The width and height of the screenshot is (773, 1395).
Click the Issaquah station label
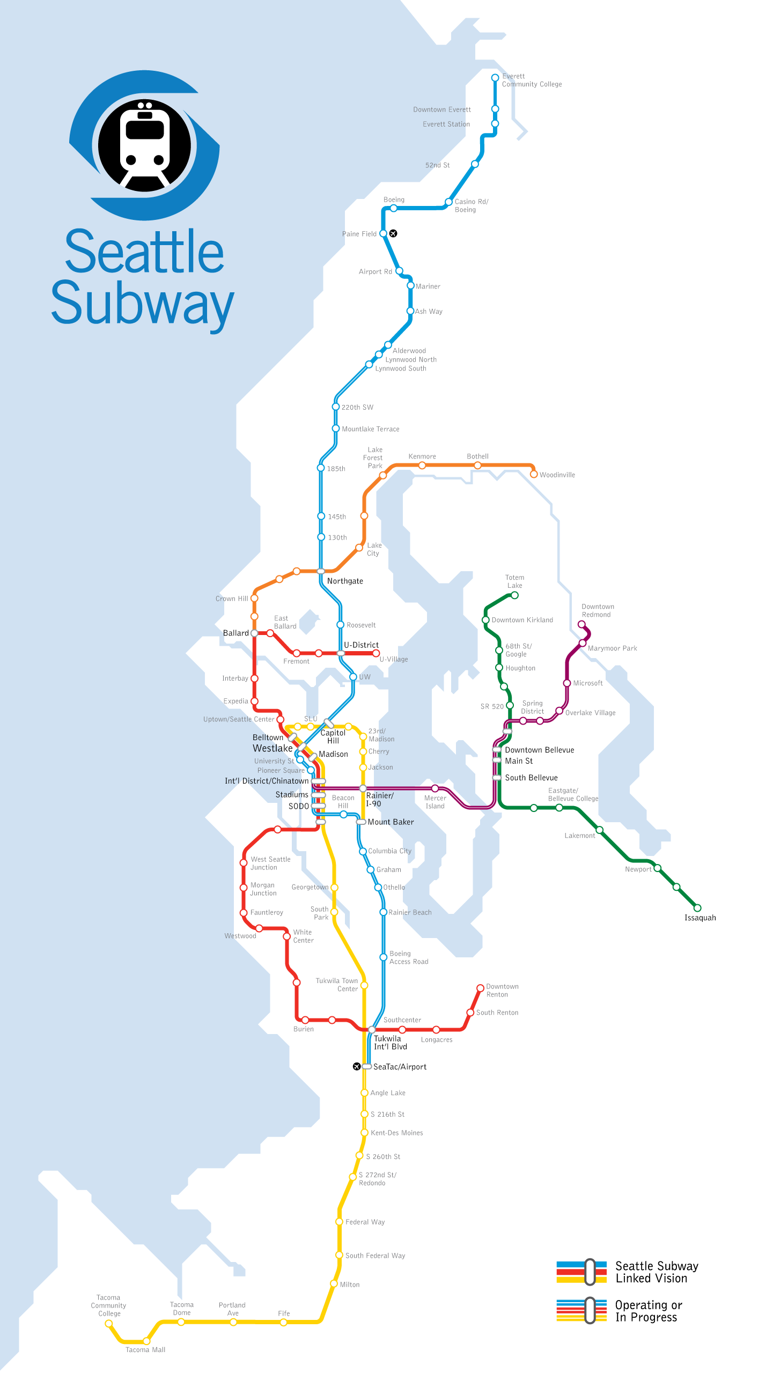pos(700,917)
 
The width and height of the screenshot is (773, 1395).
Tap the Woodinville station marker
pos(534,475)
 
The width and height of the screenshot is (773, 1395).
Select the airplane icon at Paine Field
pos(393,233)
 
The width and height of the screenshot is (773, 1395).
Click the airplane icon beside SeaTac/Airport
pos(356,1066)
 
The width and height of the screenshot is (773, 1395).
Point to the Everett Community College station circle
pos(495,78)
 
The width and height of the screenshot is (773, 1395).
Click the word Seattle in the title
pos(144,252)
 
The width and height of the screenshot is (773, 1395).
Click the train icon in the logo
pos(145,145)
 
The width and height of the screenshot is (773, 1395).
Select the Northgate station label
pos(345,581)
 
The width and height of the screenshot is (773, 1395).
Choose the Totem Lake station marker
pos(514,595)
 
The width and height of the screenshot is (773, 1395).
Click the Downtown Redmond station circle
pos(581,624)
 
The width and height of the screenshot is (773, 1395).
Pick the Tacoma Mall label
pos(145,1349)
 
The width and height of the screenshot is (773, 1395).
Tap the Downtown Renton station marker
pos(480,988)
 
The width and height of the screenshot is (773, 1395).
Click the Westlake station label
pos(273,748)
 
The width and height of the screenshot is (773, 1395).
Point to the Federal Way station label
pos(365,1222)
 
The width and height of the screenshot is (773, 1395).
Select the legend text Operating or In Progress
pos(648,1310)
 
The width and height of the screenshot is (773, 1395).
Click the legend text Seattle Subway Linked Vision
pos(657,1272)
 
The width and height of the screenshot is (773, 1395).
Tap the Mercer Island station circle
pos(435,788)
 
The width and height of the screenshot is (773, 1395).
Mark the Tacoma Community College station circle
pos(109,1323)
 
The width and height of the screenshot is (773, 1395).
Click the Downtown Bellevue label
pos(539,750)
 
